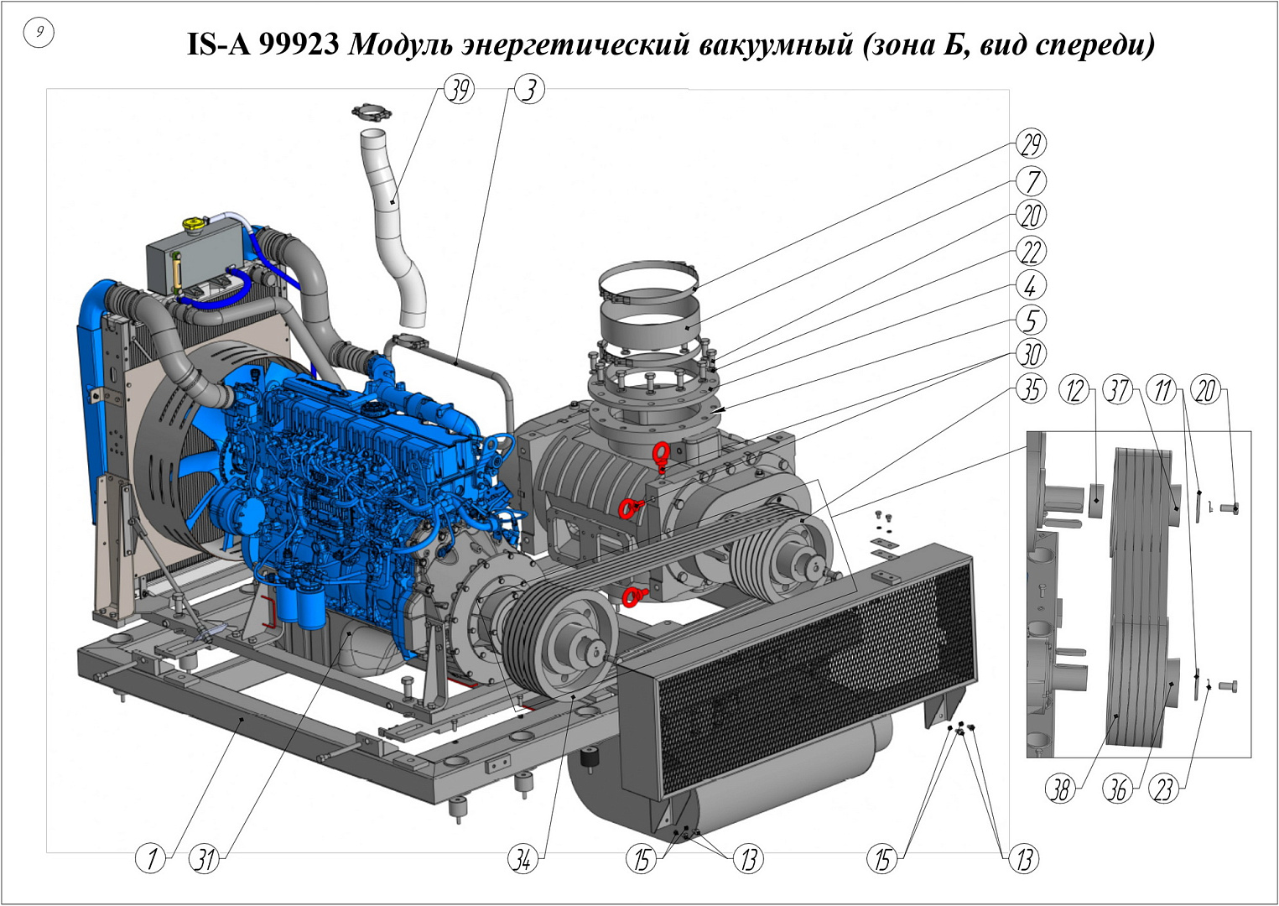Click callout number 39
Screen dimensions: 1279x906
click(459, 90)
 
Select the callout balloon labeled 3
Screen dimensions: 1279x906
click(529, 90)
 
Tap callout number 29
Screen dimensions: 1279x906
click(1031, 143)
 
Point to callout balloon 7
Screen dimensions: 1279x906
click(1031, 181)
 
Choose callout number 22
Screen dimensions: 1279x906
click(1031, 252)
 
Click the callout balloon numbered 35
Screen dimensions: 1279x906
click(1031, 390)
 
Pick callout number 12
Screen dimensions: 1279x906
click(1074, 391)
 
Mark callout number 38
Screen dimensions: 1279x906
click(1060, 790)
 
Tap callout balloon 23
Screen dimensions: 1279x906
click(1163, 790)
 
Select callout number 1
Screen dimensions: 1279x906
click(150, 858)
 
